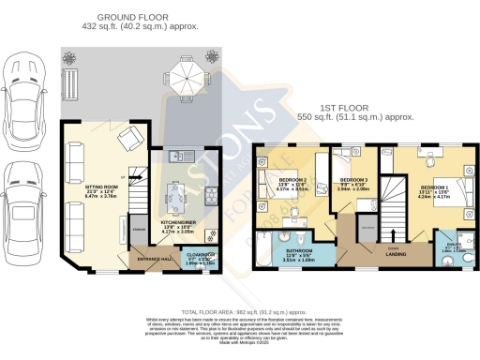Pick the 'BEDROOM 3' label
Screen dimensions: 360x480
[x=352, y=178]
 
